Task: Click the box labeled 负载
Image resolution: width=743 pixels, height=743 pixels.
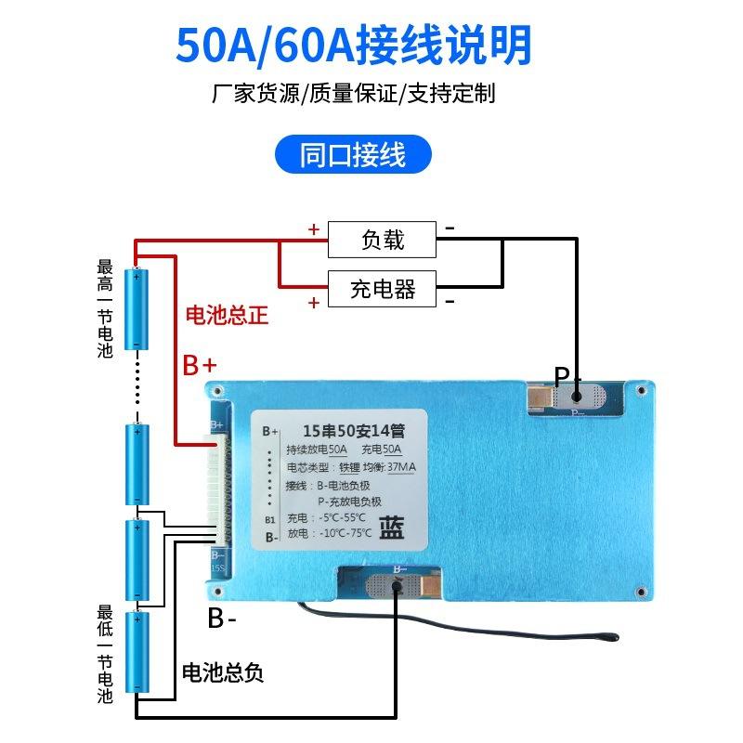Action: [383, 241]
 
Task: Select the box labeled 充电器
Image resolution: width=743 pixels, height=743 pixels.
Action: [383, 288]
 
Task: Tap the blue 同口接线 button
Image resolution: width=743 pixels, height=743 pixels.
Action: [354, 154]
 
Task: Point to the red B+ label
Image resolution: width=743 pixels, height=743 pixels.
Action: [199, 365]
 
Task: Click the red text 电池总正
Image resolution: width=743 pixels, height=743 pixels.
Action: [228, 316]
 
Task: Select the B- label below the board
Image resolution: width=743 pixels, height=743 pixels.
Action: [222, 618]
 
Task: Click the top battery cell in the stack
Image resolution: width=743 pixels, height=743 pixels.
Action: [137, 307]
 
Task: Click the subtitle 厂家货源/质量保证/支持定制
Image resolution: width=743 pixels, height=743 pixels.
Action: [354, 94]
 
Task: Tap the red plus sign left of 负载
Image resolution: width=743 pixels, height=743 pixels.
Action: [314, 228]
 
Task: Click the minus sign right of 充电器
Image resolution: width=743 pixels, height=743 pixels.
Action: [450, 302]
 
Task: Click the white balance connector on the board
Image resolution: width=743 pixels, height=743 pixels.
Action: [223, 492]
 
